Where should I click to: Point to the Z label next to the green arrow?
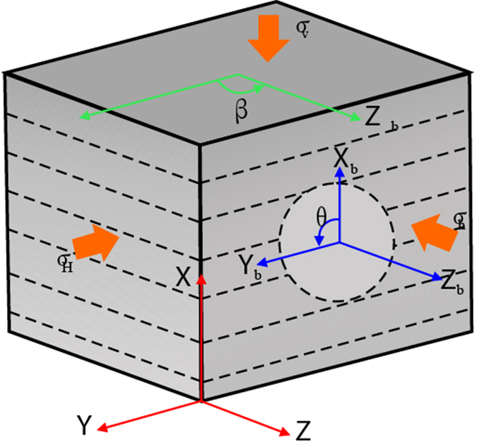click(372, 117)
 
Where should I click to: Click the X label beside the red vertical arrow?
click(182, 277)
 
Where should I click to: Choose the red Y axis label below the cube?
click(85, 427)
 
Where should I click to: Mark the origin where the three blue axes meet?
click(340, 242)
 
